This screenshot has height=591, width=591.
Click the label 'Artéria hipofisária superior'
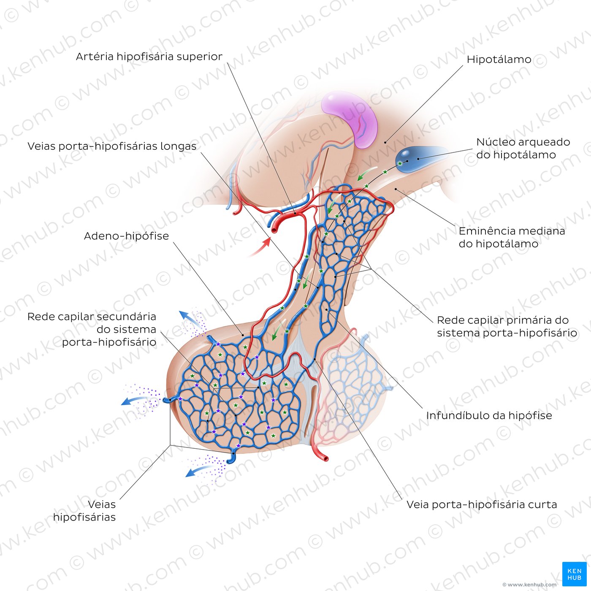click(x=149, y=57)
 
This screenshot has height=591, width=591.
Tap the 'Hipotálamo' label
click(x=499, y=60)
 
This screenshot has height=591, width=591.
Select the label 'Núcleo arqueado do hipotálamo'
click(x=523, y=148)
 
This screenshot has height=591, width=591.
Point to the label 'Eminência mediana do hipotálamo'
click(x=512, y=237)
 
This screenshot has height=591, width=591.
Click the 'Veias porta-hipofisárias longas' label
click(x=112, y=146)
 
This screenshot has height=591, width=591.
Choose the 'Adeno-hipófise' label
click(x=126, y=236)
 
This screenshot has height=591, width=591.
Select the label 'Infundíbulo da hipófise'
click(x=489, y=415)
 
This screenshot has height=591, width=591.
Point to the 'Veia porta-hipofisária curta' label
click(x=482, y=504)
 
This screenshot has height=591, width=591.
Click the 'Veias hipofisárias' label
click(x=84, y=511)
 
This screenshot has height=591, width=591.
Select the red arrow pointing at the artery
click(x=260, y=247)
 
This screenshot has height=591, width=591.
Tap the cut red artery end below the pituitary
click(x=325, y=458)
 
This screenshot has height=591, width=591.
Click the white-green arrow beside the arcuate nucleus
click(x=367, y=173)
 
